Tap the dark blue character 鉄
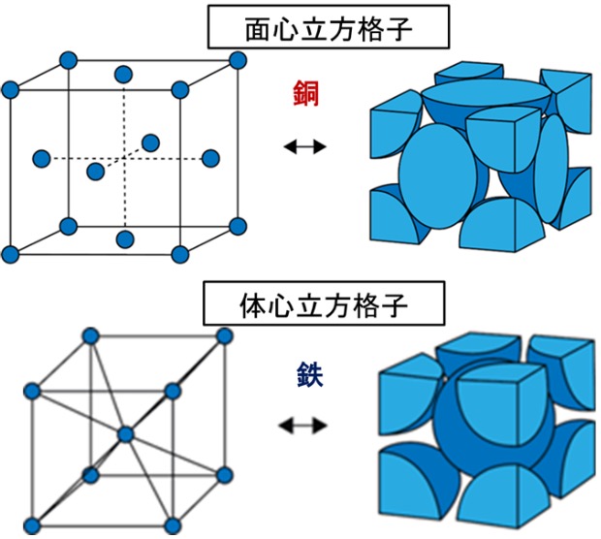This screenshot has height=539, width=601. tap(303, 374)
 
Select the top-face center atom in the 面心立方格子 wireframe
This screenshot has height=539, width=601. tap(123, 74)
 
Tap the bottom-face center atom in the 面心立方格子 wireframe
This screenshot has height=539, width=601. tap(124, 238)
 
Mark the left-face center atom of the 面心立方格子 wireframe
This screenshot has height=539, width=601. tap(42, 158)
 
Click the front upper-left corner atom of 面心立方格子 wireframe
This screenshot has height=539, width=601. tap(11, 90)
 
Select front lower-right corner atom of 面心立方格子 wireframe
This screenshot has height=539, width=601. tap(179, 254)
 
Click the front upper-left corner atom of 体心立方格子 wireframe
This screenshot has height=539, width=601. tap(32, 391)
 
